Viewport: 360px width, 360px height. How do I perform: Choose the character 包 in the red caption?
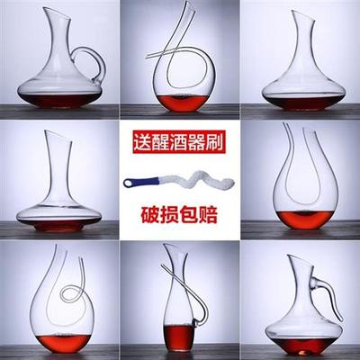[x=189, y=214]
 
